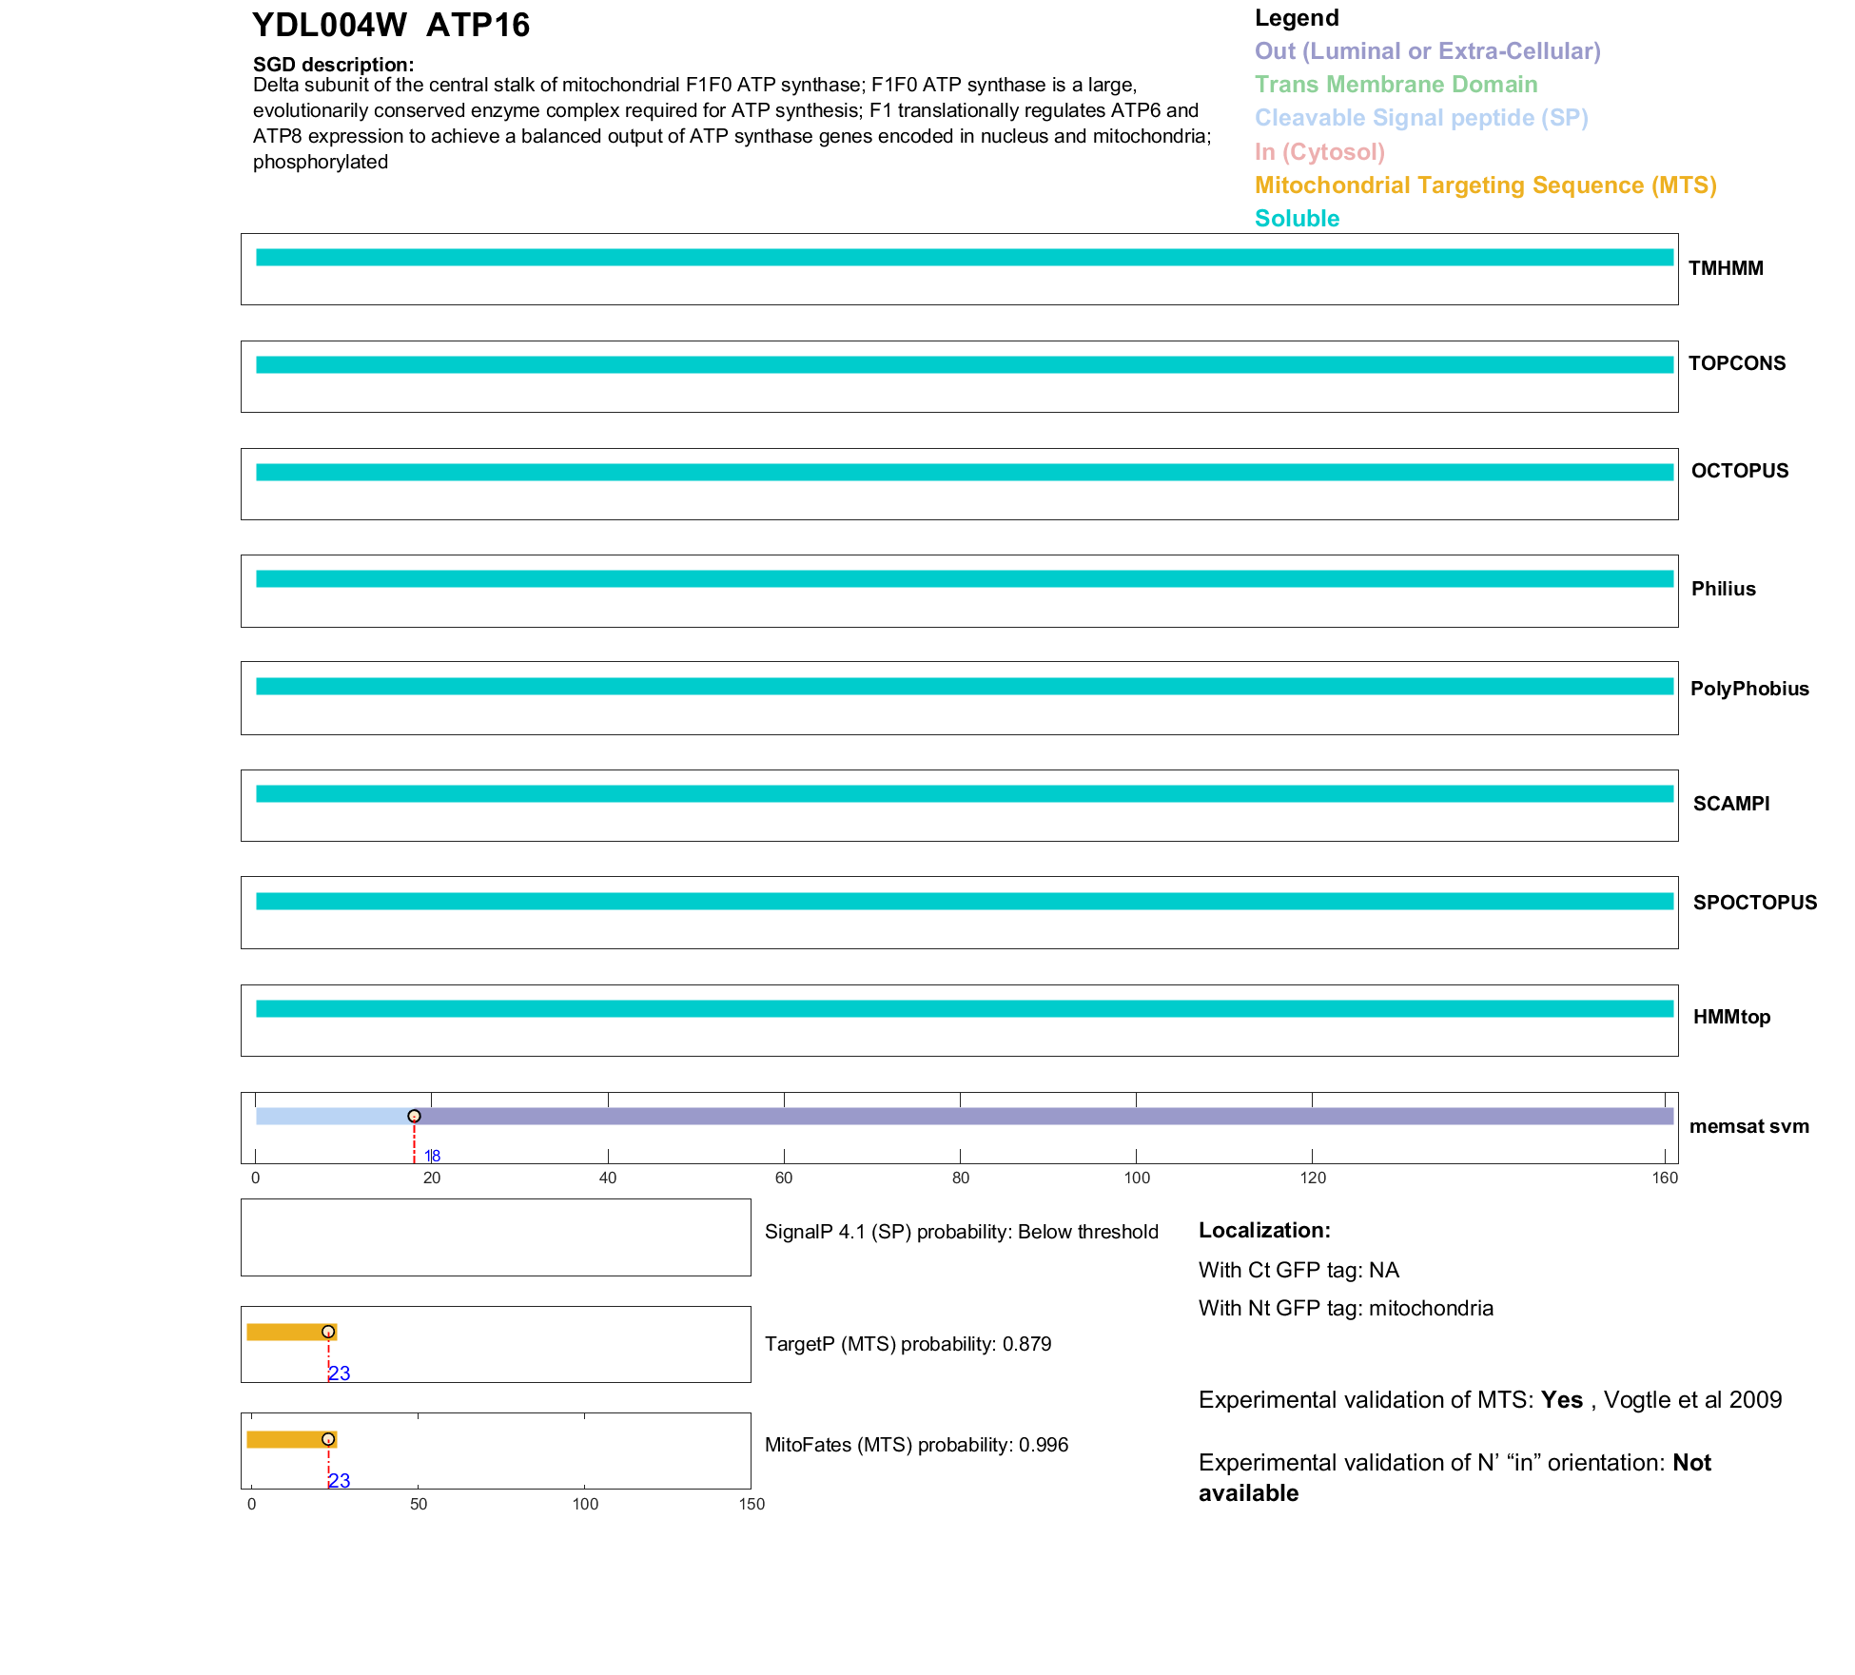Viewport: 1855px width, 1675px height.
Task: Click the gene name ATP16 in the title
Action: coord(478,25)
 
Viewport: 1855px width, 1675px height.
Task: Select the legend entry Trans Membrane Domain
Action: coord(1396,85)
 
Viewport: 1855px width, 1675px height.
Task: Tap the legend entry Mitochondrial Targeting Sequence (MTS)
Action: coord(1485,185)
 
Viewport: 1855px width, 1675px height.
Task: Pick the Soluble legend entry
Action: coord(1297,219)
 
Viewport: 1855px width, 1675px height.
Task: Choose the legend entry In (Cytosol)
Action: coord(1319,152)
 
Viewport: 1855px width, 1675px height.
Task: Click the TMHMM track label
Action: coord(1726,268)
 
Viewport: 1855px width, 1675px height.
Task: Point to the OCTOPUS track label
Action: coord(1739,471)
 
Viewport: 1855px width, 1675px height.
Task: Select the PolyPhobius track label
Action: coord(1748,689)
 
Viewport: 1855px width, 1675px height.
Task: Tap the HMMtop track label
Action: coord(1731,1017)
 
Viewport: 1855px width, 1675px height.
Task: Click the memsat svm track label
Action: coord(1748,1126)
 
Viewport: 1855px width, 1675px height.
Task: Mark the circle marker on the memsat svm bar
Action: coord(414,1116)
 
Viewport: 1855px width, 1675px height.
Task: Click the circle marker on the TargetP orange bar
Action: coord(328,1332)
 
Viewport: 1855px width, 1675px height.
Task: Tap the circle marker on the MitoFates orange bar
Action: coord(328,1439)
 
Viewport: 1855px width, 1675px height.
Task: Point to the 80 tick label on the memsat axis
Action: coord(961,1178)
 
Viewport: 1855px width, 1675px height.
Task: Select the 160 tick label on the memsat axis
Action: coord(1665,1178)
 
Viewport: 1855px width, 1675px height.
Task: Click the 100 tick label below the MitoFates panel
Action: coord(585,1505)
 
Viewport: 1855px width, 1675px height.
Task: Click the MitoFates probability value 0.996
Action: coord(1044,1445)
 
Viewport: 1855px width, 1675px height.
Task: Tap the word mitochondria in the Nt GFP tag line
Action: coord(1431,1309)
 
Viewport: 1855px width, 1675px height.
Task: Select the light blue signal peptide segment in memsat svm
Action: coord(333,1116)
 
